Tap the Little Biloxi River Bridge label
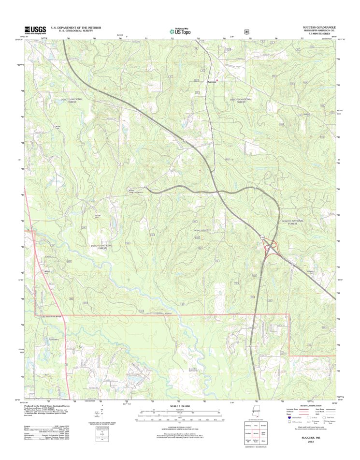[52, 315]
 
